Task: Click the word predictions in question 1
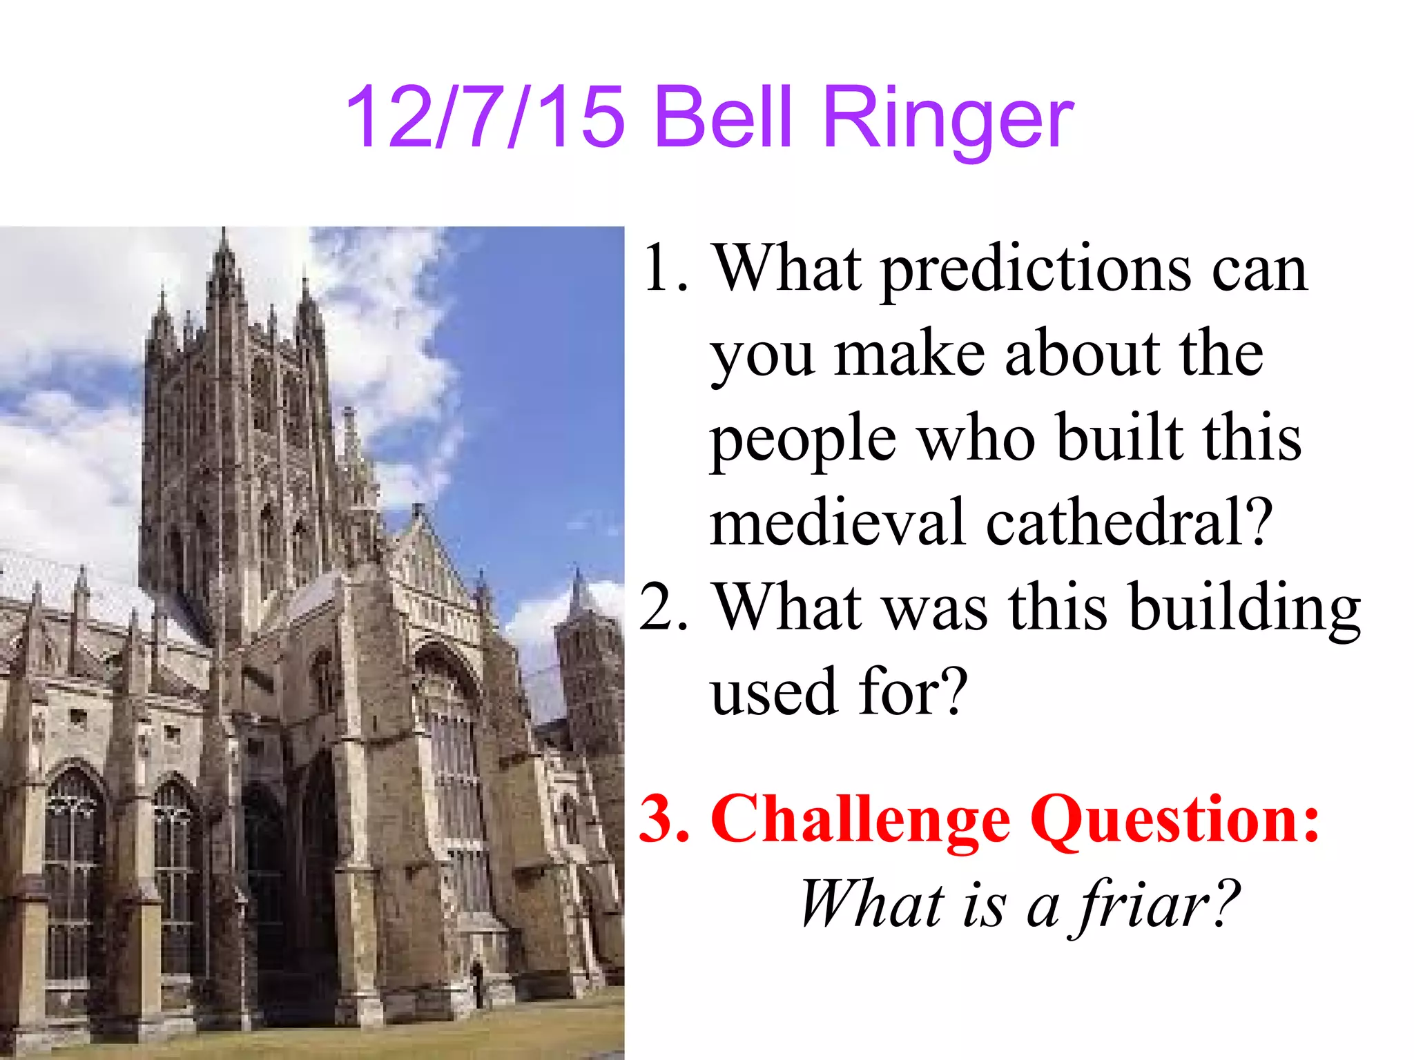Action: (1036, 271)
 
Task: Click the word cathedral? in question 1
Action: (1128, 523)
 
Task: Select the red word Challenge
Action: (860, 821)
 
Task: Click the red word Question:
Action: (1177, 821)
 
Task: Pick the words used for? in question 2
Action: (840, 693)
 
